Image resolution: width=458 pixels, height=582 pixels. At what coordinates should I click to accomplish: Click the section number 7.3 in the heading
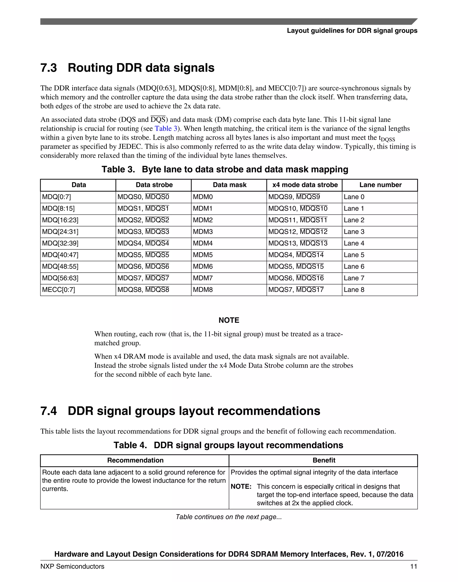point(49,68)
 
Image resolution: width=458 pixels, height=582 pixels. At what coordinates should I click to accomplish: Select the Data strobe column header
point(154,185)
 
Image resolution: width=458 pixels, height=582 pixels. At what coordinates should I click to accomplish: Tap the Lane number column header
point(380,185)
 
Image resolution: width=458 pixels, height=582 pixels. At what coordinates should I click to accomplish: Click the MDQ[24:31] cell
point(60,232)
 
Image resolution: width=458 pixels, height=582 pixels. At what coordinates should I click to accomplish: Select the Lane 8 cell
point(354,290)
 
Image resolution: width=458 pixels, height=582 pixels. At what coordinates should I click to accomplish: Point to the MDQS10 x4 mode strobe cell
point(298,208)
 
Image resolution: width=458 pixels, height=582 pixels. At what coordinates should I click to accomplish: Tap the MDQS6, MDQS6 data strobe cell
point(143,267)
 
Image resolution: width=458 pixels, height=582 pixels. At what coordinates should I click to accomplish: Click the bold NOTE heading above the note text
point(229,320)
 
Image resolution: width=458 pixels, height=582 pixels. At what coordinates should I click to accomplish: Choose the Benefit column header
point(324,460)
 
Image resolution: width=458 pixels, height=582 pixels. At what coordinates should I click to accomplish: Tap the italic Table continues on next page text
point(229,517)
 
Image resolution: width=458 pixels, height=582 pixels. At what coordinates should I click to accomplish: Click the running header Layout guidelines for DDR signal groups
point(352,31)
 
